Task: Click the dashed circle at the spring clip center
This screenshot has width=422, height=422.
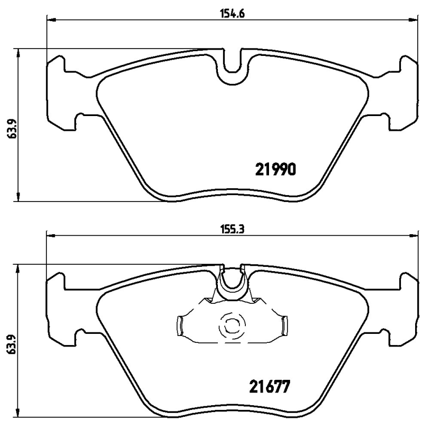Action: pyautogui.click(x=231, y=327)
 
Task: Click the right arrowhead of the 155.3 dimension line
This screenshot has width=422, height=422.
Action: pyautogui.click(x=411, y=236)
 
